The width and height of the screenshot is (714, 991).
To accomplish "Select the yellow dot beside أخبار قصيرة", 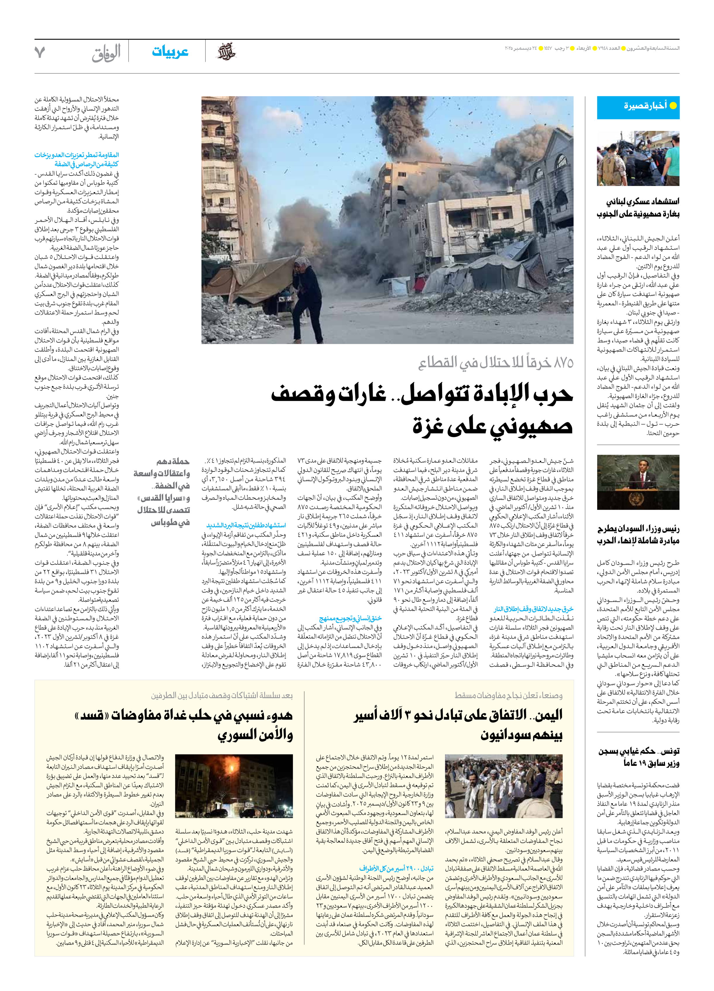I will (673, 105).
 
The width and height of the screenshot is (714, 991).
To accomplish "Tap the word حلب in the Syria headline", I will (199, 715).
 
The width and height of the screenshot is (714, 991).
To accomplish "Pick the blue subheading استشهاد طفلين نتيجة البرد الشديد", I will (246, 525).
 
